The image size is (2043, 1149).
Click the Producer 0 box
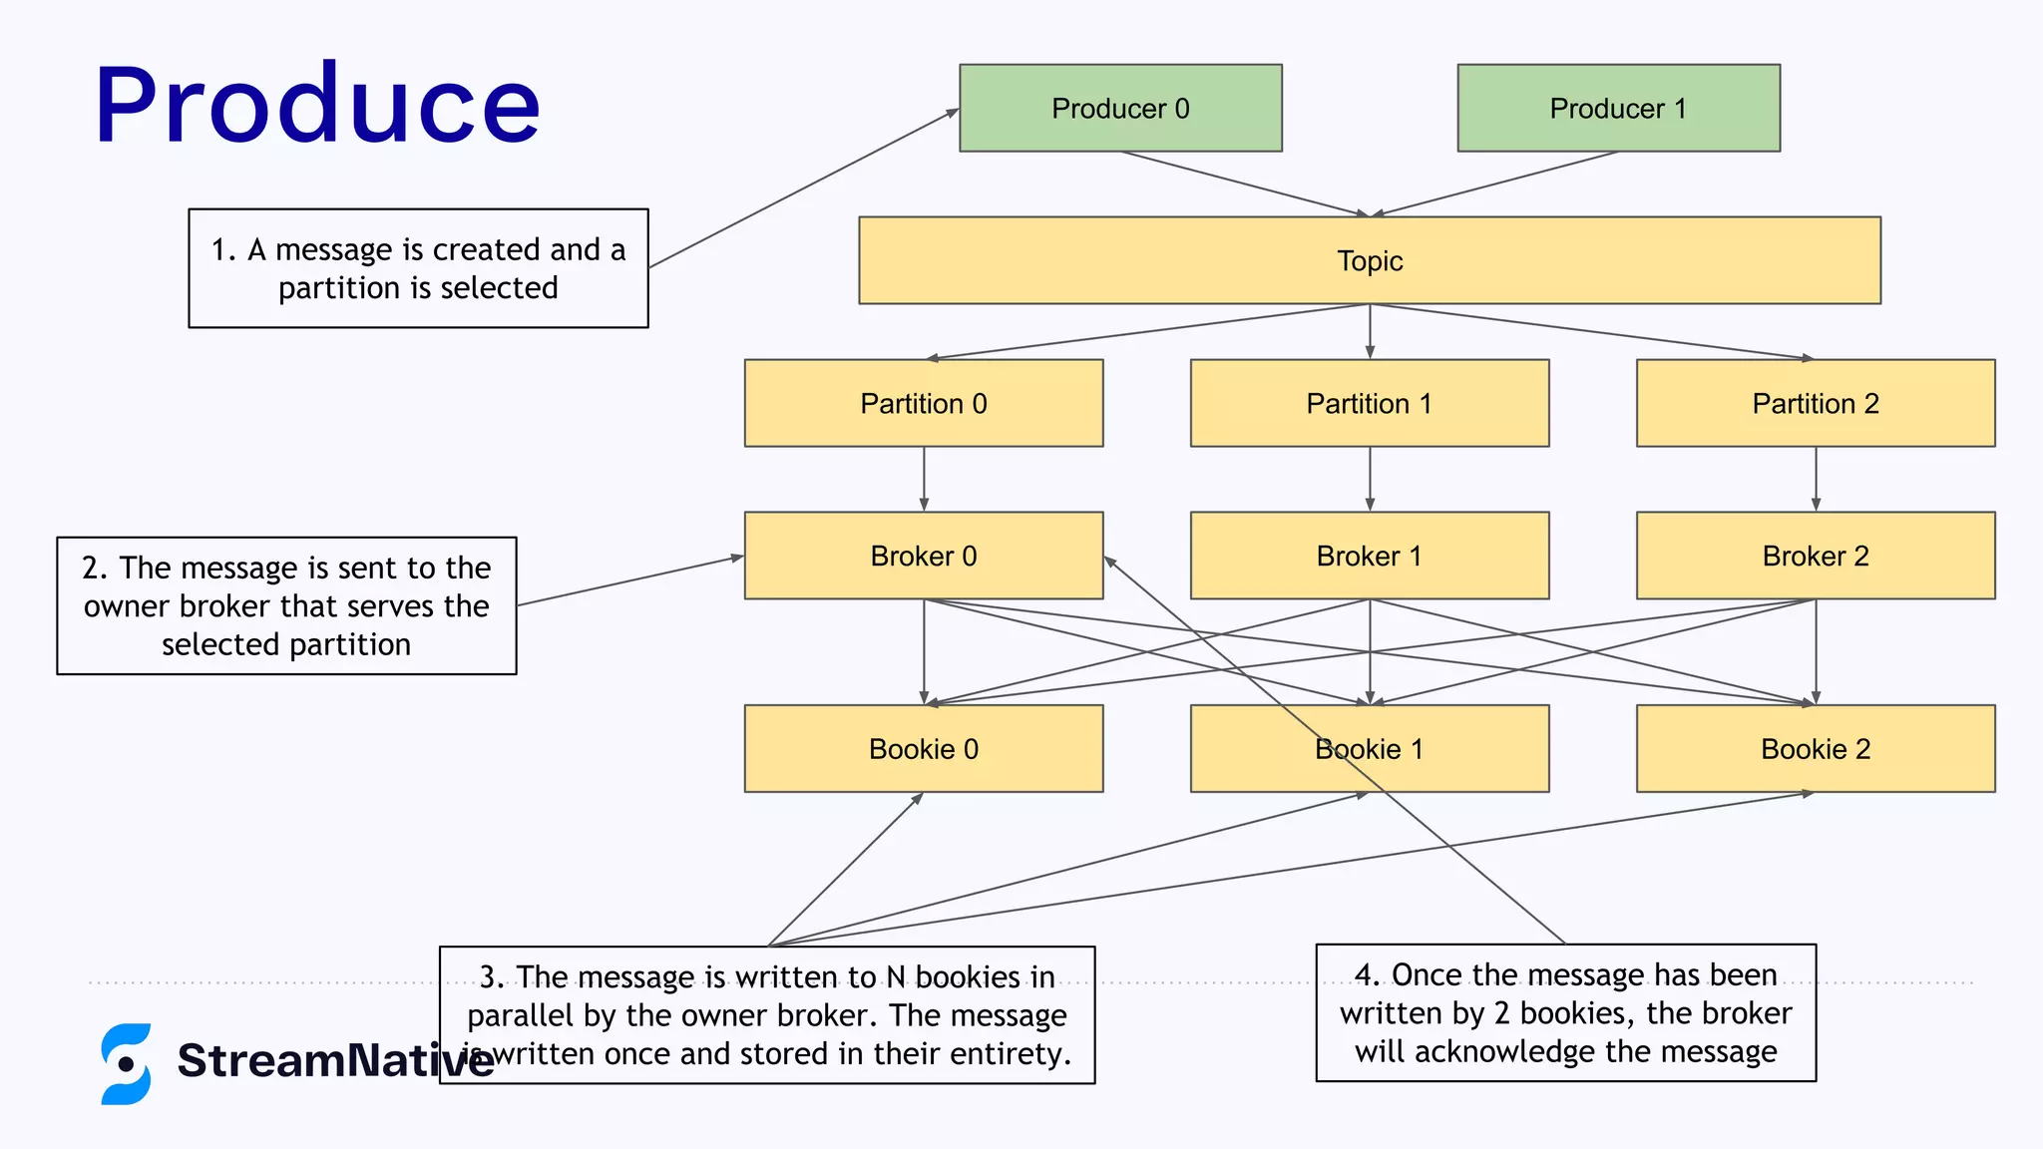1120,108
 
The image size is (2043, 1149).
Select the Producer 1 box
1618,108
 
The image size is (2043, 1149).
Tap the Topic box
1369,260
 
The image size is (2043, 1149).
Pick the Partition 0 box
924,403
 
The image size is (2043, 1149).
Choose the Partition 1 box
1369,403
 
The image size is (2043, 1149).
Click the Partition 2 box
1816,403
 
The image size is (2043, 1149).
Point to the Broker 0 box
924,556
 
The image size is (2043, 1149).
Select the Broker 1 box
1369,556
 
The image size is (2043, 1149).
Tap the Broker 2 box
1816,556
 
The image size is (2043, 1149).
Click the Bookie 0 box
924,749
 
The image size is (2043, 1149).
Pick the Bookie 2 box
1816,749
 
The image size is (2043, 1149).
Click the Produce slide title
317,105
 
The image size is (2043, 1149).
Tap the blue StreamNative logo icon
126,1063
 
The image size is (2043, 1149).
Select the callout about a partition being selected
418,268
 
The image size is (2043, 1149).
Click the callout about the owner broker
286,605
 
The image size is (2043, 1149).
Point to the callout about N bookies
767,1014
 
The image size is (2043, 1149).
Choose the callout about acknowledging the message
1565,1012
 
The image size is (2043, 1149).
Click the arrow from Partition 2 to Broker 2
1816,480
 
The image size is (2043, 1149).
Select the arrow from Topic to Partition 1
1370,332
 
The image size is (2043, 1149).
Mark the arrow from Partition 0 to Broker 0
924,480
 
